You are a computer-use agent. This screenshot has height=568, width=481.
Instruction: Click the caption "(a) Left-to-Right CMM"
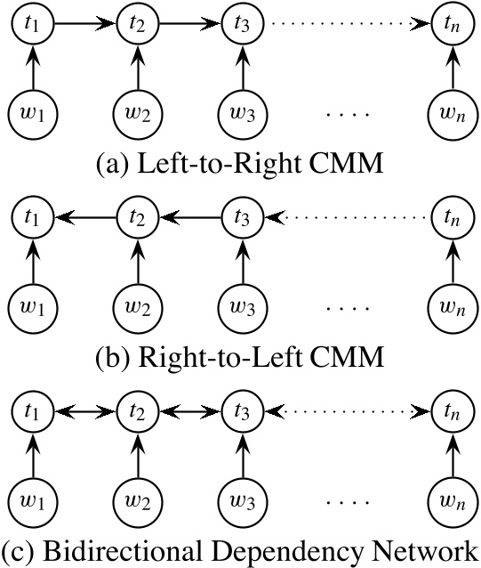[240, 164]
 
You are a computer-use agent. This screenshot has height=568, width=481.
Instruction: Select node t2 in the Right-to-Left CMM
[136, 216]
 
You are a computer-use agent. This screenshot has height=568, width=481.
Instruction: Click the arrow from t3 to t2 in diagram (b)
[188, 216]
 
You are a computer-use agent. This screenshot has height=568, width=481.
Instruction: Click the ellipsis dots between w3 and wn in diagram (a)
[345, 114]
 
